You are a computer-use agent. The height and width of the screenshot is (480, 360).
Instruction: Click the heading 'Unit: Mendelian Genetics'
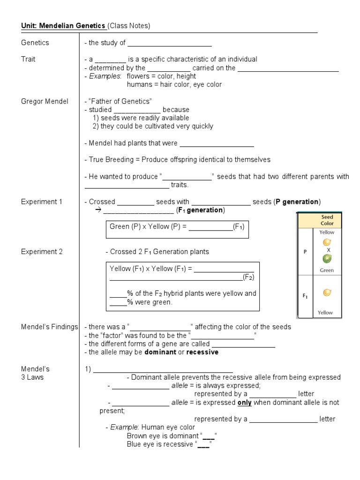[63, 26]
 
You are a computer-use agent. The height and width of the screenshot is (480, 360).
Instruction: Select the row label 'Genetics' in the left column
[35, 43]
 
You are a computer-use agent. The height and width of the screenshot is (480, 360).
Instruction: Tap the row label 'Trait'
[28, 60]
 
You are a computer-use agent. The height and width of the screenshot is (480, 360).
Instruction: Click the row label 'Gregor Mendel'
[45, 101]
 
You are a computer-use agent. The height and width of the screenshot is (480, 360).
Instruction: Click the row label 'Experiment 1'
[42, 202]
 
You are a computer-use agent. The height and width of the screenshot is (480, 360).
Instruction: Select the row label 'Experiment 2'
[42, 252]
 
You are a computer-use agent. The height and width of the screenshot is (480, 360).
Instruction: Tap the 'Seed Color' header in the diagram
[327, 220]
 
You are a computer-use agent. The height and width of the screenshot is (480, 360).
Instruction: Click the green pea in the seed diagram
[327, 259]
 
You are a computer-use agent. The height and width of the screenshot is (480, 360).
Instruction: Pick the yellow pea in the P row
[327, 242]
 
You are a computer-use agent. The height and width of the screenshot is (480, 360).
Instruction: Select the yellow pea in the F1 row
[327, 292]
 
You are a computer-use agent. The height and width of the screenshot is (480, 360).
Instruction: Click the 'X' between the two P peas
[329, 250]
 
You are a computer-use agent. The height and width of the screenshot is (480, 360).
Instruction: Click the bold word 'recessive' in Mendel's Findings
[202, 352]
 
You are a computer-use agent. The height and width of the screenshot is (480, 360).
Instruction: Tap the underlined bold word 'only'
[245, 403]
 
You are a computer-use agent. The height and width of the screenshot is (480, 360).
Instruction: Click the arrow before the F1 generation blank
[98, 210]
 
